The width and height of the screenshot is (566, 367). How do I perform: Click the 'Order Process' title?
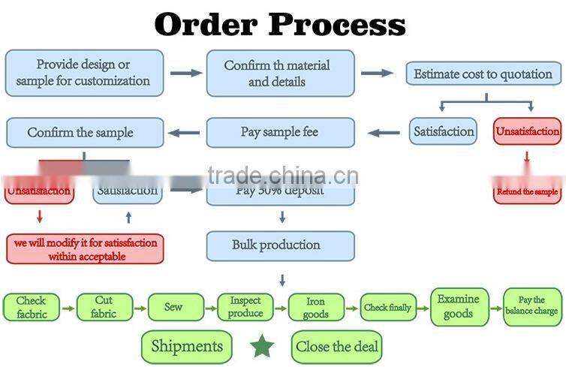click(279, 24)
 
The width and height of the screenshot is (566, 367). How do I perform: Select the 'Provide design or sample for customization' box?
click(83, 73)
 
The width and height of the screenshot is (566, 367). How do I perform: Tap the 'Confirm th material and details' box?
click(279, 73)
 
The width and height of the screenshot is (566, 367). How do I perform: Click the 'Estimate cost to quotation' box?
click(483, 74)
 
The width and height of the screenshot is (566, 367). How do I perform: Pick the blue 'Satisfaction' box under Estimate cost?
click(444, 132)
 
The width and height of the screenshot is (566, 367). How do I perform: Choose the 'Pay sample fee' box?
click(279, 132)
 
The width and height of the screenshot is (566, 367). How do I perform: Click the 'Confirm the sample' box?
click(83, 132)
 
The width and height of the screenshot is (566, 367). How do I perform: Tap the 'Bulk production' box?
click(279, 245)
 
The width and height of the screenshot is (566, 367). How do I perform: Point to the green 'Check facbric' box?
click(30, 307)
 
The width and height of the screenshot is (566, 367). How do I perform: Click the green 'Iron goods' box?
click(316, 307)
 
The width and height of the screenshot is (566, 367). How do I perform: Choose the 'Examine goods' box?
click(458, 306)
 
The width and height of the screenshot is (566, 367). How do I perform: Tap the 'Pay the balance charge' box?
click(531, 306)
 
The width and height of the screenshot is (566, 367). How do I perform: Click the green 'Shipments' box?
click(186, 346)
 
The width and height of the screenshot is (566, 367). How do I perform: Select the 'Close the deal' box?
click(336, 347)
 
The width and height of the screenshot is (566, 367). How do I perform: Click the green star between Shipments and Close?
click(261, 346)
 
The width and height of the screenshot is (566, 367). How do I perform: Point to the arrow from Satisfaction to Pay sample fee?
click(384, 133)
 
